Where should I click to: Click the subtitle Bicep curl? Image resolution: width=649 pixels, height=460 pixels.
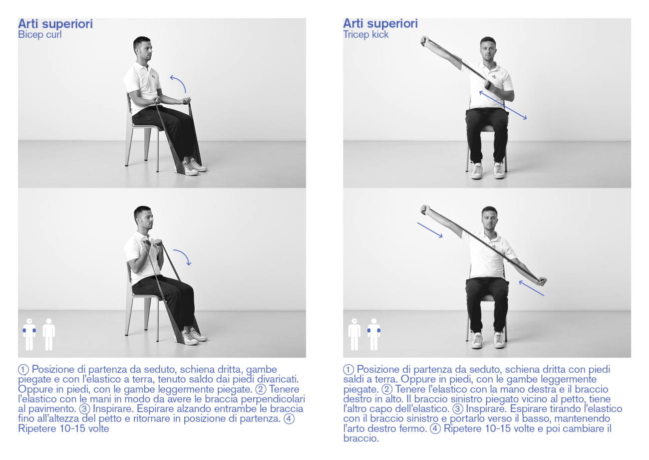(x=40, y=35)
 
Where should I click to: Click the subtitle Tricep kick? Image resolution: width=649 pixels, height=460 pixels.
(x=365, y=35)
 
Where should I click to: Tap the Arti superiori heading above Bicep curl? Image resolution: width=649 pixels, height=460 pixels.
(x=55, y=24)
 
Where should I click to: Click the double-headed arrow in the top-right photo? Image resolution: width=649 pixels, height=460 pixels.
(x=503, y=105)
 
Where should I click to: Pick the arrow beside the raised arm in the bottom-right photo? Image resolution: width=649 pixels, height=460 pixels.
(x=430, y=230)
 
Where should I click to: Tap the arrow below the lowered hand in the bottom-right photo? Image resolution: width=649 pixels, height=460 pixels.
(x=531, y=288)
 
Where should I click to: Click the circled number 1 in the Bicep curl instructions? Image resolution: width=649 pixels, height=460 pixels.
(x=23, y=370)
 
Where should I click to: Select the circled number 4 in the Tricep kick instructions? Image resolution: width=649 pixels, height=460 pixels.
(x=435, y=429)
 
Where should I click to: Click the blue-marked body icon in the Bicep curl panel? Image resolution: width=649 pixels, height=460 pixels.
(x=29, y=334)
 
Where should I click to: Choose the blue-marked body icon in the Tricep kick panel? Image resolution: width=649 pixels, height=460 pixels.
(x=374, y=334)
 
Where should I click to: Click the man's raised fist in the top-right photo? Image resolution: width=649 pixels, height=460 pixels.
(x=425, y=40)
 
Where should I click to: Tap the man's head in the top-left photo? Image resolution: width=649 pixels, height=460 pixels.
(x=143, y=48)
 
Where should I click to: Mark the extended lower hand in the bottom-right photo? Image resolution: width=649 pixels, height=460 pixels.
(x=542, y=281)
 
